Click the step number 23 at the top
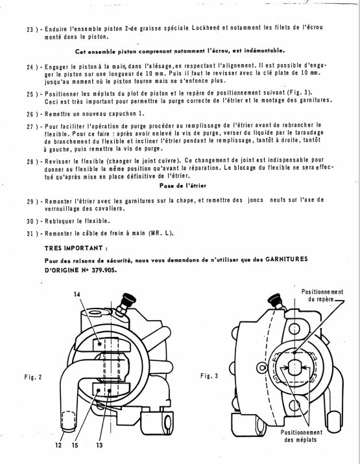click(x=30, y=30)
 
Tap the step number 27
click(x=30, y=126)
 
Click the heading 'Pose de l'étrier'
click(x=182, y=186)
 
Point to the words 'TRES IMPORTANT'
click(x=74, y=248)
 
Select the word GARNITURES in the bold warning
click(x=287, y=259)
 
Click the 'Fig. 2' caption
click(x=33, y=377)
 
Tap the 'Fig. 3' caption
click(x=209, y=376)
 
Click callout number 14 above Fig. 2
click(x=77, y=294)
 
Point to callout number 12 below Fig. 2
click(x=58, y=445)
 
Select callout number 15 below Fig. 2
click(x=75, y=445)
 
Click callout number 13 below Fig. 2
click(x=99, y=445)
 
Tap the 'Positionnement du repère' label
click(x=322, y=296)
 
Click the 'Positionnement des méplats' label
click(x=302, y=436)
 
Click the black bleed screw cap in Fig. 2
click(x=128, y=299)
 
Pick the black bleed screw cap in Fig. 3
click(x=274, y=300)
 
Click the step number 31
click(x=30, y=234)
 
